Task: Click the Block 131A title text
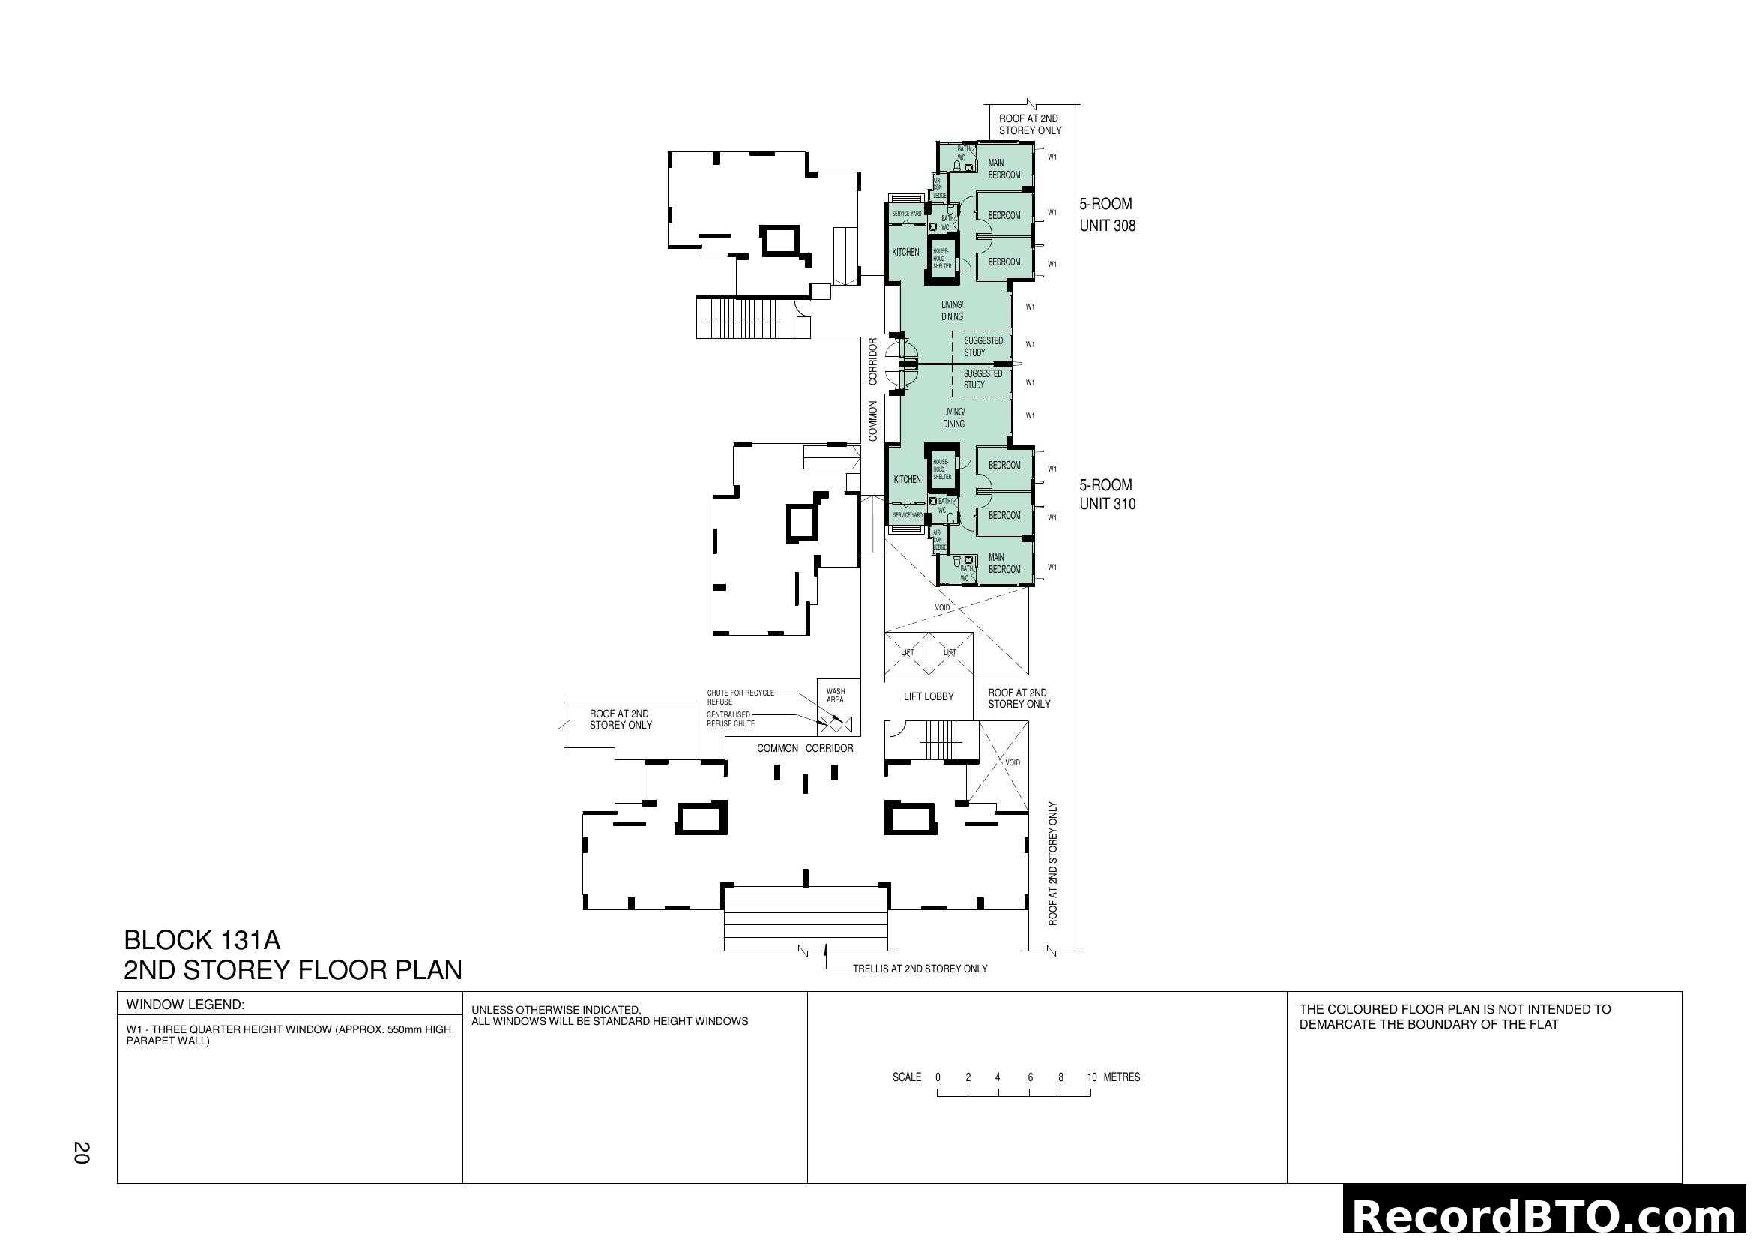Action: coord(202,939)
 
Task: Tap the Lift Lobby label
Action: coord(928,696)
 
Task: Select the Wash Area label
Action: coord(835,696)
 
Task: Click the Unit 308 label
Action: coord(1107,226)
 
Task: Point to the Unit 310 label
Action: coord(1107,504)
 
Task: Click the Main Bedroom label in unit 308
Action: coord(1004,169)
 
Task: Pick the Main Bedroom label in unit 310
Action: coord(1004,564)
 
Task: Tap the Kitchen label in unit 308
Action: coord(905,253)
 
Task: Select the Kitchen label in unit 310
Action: coord(907,480)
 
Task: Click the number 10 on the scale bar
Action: coord(1091,1077)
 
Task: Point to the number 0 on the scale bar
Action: coord(938,1077)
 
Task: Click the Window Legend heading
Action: coord(186,1005)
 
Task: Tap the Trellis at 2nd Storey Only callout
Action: coord(920,969)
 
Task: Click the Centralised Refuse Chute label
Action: coord(730,719)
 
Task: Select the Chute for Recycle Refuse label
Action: coord(740,697)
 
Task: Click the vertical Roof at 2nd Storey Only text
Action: coord(1053,864)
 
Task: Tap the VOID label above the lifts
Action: coord(942,608)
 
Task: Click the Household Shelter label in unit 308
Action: coord(941,259)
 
